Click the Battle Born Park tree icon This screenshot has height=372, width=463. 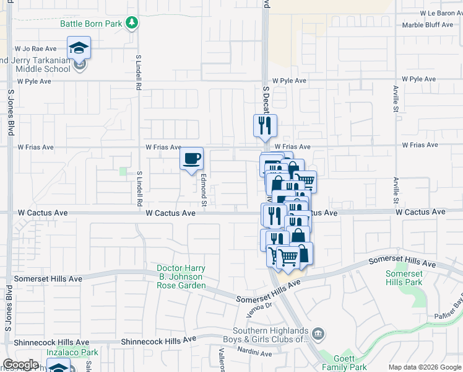point(131,24)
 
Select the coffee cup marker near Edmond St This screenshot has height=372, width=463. point(191,158)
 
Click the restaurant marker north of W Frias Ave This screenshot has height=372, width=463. point(265,126)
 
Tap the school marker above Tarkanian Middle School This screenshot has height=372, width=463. point(79,47)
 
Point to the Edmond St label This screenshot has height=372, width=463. point(203,190)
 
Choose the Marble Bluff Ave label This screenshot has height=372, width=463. point(429,25)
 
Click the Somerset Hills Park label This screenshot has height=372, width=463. point(404,278)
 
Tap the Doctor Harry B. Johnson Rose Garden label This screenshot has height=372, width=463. point(181,277)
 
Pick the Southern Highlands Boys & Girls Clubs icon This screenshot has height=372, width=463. point(318,334)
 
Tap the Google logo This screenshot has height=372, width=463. point(21,365)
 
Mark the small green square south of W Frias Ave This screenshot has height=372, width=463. point(123,171)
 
